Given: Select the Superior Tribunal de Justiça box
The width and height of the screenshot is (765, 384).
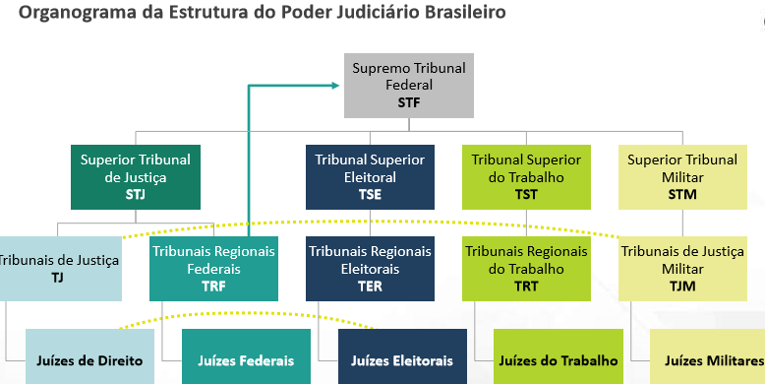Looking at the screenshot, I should [136, 177].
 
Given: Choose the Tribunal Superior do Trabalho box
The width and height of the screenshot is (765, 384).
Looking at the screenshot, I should [526, 177].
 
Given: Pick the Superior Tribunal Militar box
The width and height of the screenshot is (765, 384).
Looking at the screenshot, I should [682, 177].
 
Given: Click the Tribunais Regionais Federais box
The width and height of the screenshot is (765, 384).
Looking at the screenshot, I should [213, 268].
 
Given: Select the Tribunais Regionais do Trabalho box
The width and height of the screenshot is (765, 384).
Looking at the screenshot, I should [526, 268].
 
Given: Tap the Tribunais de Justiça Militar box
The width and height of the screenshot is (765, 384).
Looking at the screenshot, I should [682, 268].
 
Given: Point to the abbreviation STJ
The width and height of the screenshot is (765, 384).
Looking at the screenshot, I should [136, 195].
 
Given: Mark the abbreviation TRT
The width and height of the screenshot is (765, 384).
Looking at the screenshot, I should [526, 286].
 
